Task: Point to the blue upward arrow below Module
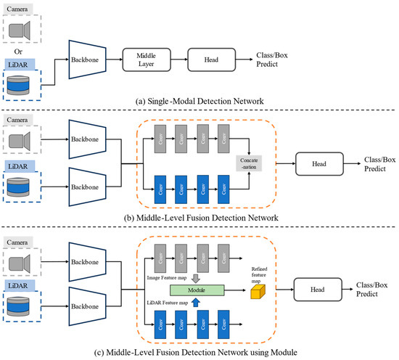(197, 303)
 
